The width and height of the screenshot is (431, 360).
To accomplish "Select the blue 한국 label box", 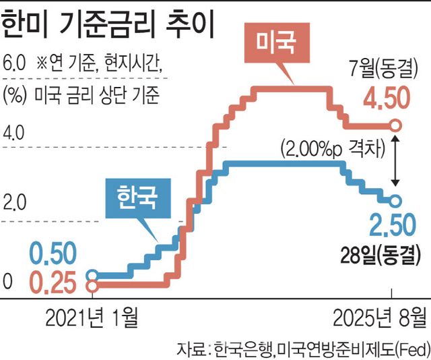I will pyautogui.click(x=136, y=198).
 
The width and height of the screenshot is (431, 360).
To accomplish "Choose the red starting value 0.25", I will pyautogui.click(x=57, y=282).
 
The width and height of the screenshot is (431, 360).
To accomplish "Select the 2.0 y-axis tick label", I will pyautogui.click(x=14, y=202).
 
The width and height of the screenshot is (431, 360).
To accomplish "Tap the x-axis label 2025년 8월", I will pyautogui.click(x=380, y=317).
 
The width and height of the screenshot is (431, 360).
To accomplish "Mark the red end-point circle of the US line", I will pyautogui.click(x=396, y=125).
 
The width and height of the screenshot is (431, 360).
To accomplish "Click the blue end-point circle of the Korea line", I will pyautogui.click(x=395, y=200).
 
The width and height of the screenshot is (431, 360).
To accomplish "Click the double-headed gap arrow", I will pyautogui.click(x=396, y=162).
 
